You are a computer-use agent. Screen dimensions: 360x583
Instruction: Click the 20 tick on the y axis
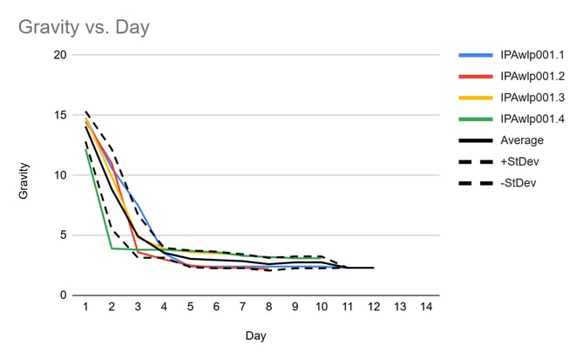[60, 55]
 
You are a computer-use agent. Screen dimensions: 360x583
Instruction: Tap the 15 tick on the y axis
[60, 115]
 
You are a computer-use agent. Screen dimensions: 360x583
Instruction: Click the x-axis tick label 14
[425, 308]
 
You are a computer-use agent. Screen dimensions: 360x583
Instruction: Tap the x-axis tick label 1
[85, 308]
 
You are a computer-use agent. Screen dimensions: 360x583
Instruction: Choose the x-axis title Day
[255, 335]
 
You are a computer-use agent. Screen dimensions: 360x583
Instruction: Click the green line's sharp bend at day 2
[112, 248]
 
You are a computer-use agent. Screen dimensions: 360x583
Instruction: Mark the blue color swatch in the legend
[475, 55]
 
